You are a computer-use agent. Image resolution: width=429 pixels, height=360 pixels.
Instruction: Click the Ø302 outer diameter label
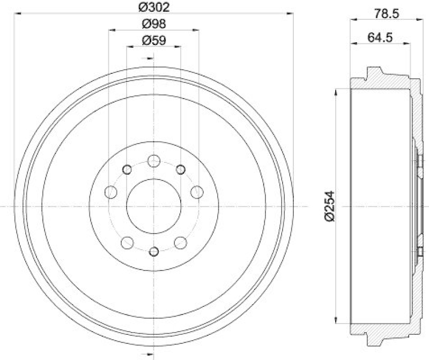coord(153,7)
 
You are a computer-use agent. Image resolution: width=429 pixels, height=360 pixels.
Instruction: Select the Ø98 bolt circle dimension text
coord(153,24)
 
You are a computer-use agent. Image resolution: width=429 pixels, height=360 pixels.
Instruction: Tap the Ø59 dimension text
coord(153,40)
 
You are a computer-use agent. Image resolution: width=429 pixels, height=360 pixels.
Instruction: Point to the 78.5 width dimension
coord(387,14)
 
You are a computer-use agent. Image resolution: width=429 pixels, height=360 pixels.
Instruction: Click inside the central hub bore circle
coord(154,206)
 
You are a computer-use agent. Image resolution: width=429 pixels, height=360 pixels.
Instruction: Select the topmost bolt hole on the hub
coord(154,160)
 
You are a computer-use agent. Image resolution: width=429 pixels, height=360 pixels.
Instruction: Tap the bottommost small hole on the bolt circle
coord(154,252)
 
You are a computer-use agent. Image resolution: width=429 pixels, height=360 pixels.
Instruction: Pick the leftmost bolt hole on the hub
coord(112,191)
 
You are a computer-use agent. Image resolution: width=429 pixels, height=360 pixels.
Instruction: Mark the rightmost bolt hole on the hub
coord(197,191)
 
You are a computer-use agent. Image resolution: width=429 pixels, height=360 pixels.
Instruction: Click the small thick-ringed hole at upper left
coord(127,170)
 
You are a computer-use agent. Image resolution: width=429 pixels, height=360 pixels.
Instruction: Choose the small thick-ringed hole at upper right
coord(181,170)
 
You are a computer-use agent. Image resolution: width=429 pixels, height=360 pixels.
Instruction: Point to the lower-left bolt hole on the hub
coord(127,243)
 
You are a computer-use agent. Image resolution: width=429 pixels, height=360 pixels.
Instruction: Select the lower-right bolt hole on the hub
coord(181,243)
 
